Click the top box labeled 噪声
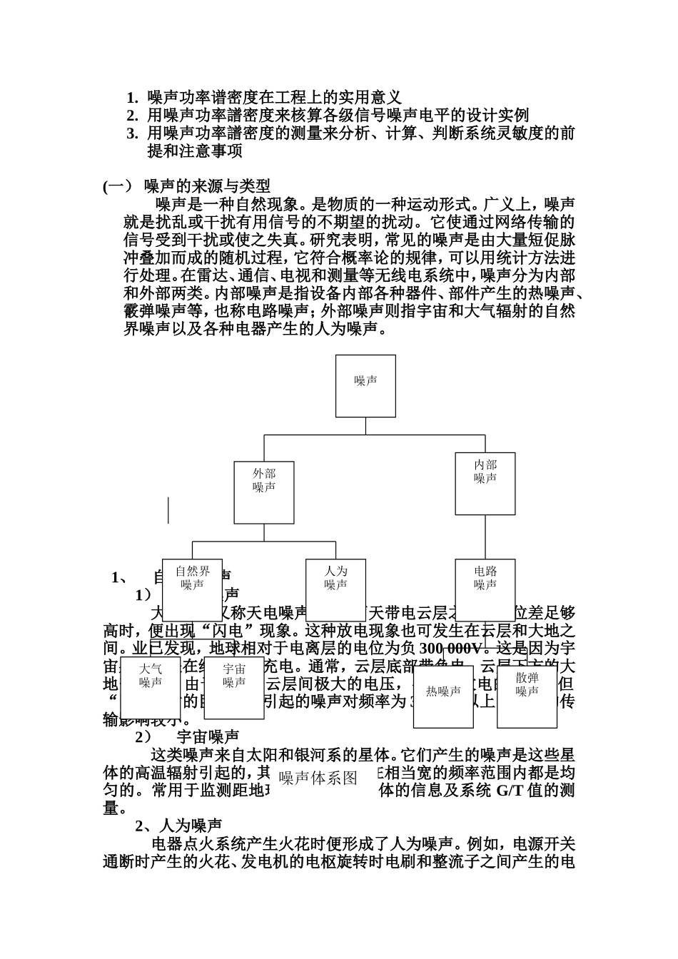(x=365, y=385)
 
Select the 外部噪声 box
(x=264, y=492)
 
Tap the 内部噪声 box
(x=485, y=483)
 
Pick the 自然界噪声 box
(x=193, y=589)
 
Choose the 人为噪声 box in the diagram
(x=335, y=589)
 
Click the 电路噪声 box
(x=485, y=589)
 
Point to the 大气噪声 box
(x=150, y=687)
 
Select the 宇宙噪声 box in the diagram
(x=234, y=687)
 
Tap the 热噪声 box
(x=443, y=696)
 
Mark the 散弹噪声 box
(x=527, y=696)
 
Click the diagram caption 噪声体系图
(x=318, y=778)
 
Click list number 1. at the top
(x=132, y=97)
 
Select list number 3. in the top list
(x=132, y=133)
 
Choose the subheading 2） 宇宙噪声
(x=187, y=736)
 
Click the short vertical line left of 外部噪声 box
(x=168, y=509)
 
